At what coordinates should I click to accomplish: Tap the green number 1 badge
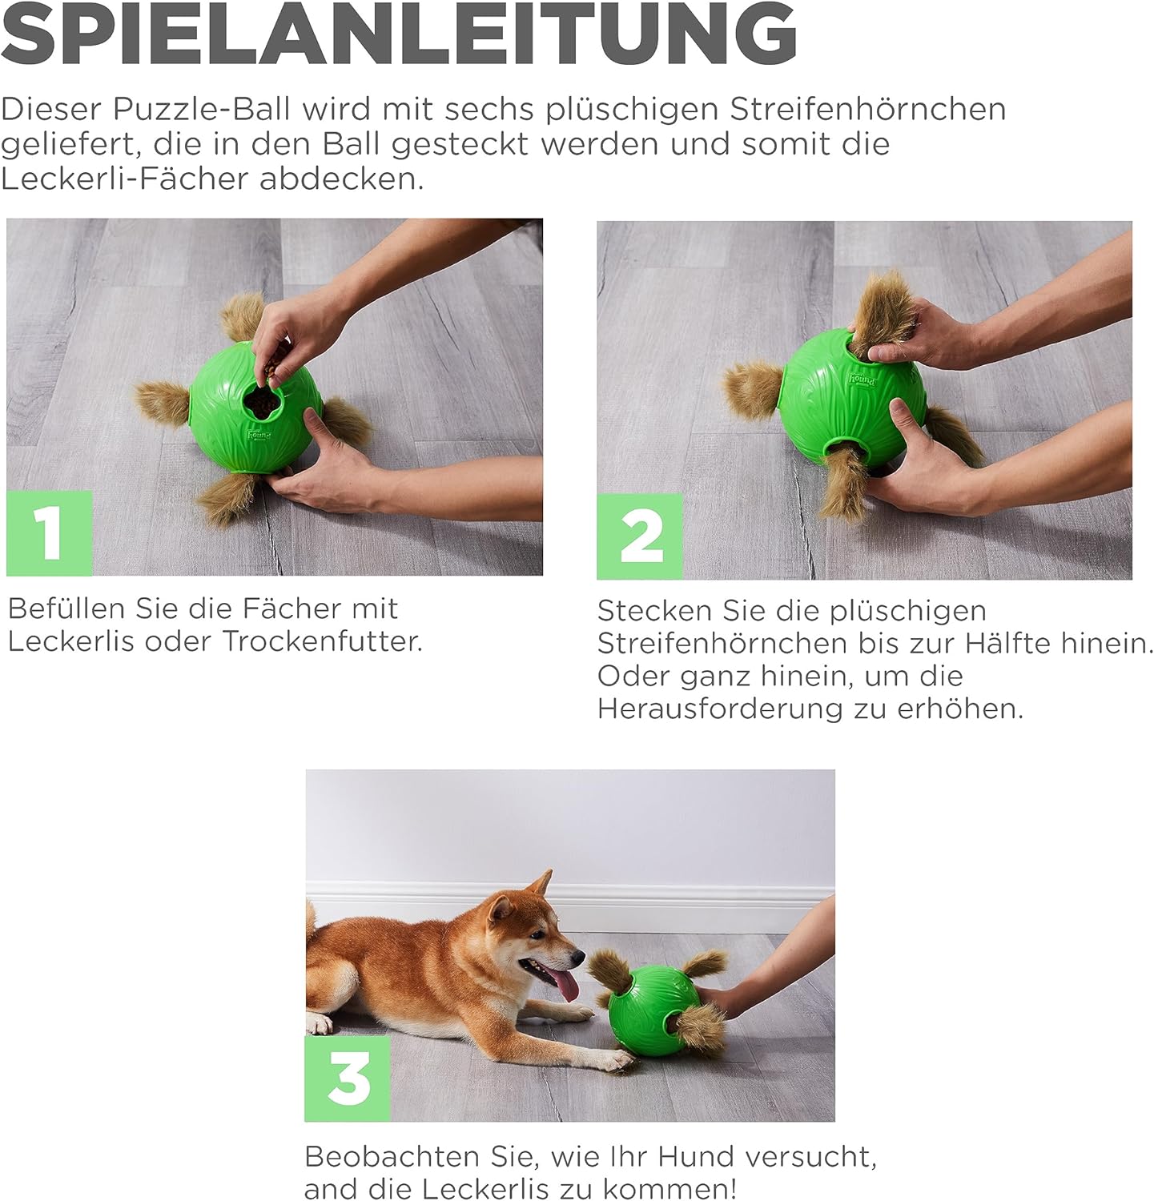pos(50,533)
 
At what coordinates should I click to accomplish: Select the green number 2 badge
pos(640,536)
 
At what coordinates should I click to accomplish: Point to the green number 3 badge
pos(348,1078)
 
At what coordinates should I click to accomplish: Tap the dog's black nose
pos(579,955)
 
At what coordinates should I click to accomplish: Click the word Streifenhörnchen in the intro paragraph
pos(868,109)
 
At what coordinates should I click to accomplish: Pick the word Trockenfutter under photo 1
pos(322,641)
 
